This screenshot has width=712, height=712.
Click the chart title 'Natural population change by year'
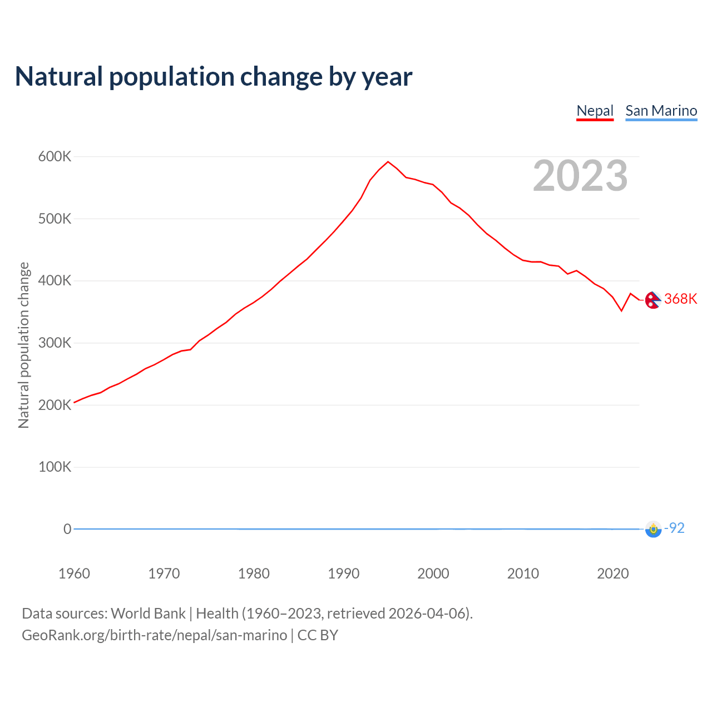[x=214, y=77]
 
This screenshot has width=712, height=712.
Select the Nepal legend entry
[x=595, y=111]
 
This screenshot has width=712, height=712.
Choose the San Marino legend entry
[x=661, y=111]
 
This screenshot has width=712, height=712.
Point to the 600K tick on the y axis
[x=55, y=157]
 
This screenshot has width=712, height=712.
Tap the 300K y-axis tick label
[x=55, y=343]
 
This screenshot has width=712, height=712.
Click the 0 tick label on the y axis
[x=67, y=529]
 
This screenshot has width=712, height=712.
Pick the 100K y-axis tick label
[x=55, y=467]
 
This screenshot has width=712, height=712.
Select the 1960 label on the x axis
[x=74, y=573]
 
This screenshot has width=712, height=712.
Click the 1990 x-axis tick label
[x=343, y=573]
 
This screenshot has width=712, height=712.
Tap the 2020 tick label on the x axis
[x=612, y=573]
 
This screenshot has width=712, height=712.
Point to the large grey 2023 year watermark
[x=580, y=176]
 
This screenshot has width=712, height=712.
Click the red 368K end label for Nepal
[x=680, y=299]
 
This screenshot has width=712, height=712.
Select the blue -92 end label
[x=675, y=528]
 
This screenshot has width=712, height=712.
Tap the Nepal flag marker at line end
[x=652, y=300]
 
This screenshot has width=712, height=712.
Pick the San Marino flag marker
[x=653, y=529]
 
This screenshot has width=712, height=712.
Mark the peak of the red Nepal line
[x=388, y=162]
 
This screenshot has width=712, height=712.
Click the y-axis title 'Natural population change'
[x=23, y=345]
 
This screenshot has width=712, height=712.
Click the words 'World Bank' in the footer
[x=148, y=614]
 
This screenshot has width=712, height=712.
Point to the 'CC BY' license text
[x=318, y=635]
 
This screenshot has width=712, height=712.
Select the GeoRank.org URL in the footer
[x=154, y=635]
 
